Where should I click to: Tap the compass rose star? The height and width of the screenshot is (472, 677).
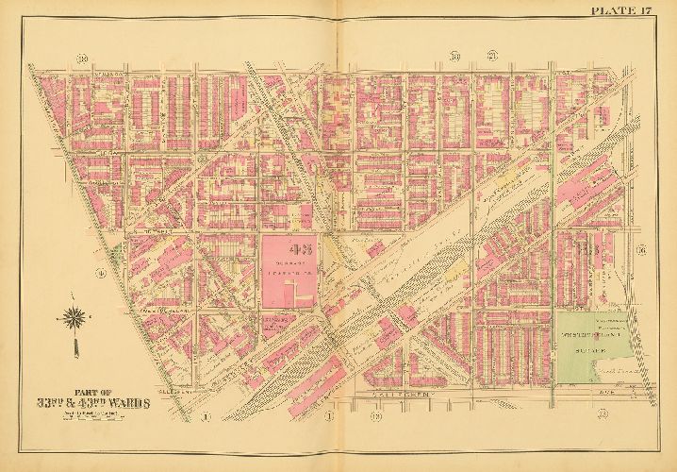(72, 317)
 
